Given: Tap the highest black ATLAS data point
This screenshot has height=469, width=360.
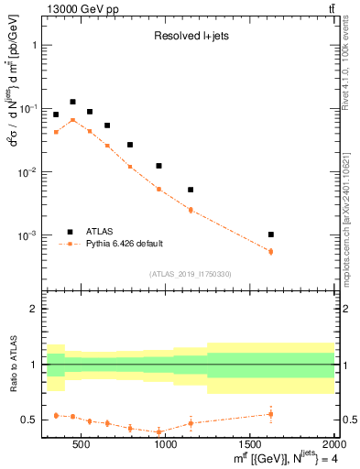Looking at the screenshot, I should click(x=72, y=102).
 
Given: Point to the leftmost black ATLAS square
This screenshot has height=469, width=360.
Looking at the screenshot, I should click(x=56, y=115).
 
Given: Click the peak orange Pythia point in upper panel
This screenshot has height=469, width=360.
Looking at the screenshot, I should click(x=72, y=120).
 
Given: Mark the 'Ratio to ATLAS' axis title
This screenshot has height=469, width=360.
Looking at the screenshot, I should click(x=13, y=365).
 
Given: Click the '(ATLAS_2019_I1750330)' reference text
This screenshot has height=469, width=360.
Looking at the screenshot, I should click(x=191, y=273).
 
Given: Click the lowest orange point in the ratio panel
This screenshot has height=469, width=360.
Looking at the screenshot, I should click(x=158, y=431).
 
